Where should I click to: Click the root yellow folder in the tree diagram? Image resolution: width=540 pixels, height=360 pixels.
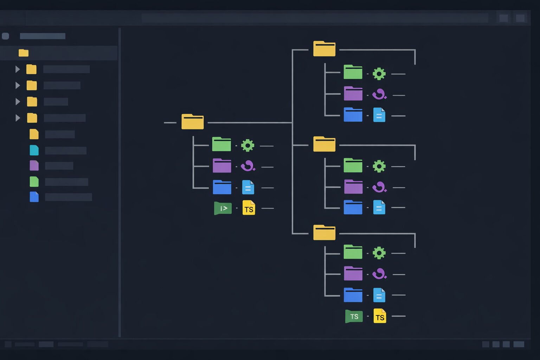pyautogui.click(x=192, y=122)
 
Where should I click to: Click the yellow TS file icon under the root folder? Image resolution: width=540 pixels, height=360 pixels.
pyautogui.click(x=249, y=208)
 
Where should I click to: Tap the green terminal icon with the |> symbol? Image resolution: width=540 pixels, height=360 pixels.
pyautogui.click(x=223, y=208)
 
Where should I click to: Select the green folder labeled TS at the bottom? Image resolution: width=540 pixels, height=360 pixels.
pyautogui.click(x=354, y=316)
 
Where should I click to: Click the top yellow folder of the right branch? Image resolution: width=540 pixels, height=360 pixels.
pyautogui.click(x=324, y=49)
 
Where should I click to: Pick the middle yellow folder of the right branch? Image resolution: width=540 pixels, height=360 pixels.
pyautogui.click(x=324, y=144)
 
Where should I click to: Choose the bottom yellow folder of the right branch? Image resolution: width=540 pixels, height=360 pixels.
pyautogui.click(x=324, y=233)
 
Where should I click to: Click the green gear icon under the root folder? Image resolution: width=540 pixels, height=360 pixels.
pyautogui.click(x=247, y=145)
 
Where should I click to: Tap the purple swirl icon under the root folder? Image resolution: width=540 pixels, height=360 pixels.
pyautogui.click(x=248, y=166)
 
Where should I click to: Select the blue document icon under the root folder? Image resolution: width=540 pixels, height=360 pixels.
pyautogui.click(x=248, y=187)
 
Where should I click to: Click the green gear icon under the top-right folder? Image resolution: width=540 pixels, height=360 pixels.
pyautogui.click(x=379, y=74)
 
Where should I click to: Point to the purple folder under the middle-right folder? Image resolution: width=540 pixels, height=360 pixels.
pyautogui.click(x=353, y=187)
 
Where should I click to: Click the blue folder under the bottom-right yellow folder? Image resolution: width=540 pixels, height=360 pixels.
pyautogui.click(x=353, y=295)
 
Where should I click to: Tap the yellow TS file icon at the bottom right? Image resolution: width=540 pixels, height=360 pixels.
pyautogui.click(x=380, y=316)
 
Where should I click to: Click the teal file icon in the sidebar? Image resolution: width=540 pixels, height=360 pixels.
pyautogui.click(x=34, y=150)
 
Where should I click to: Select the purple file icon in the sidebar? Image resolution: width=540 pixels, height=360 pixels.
pyautogui.click(x=34, y=166)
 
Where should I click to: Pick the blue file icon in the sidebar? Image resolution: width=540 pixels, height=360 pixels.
pyautogui.click(x=34, y=197)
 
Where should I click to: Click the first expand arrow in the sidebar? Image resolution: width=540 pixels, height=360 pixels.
pyautogui.click(x=17, y=69)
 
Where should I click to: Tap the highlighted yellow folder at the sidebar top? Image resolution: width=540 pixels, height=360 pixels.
pyautogui.click(x=24, y=53)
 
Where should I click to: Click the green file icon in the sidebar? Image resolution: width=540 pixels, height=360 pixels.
pyautogui.click(x=34, y=182)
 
